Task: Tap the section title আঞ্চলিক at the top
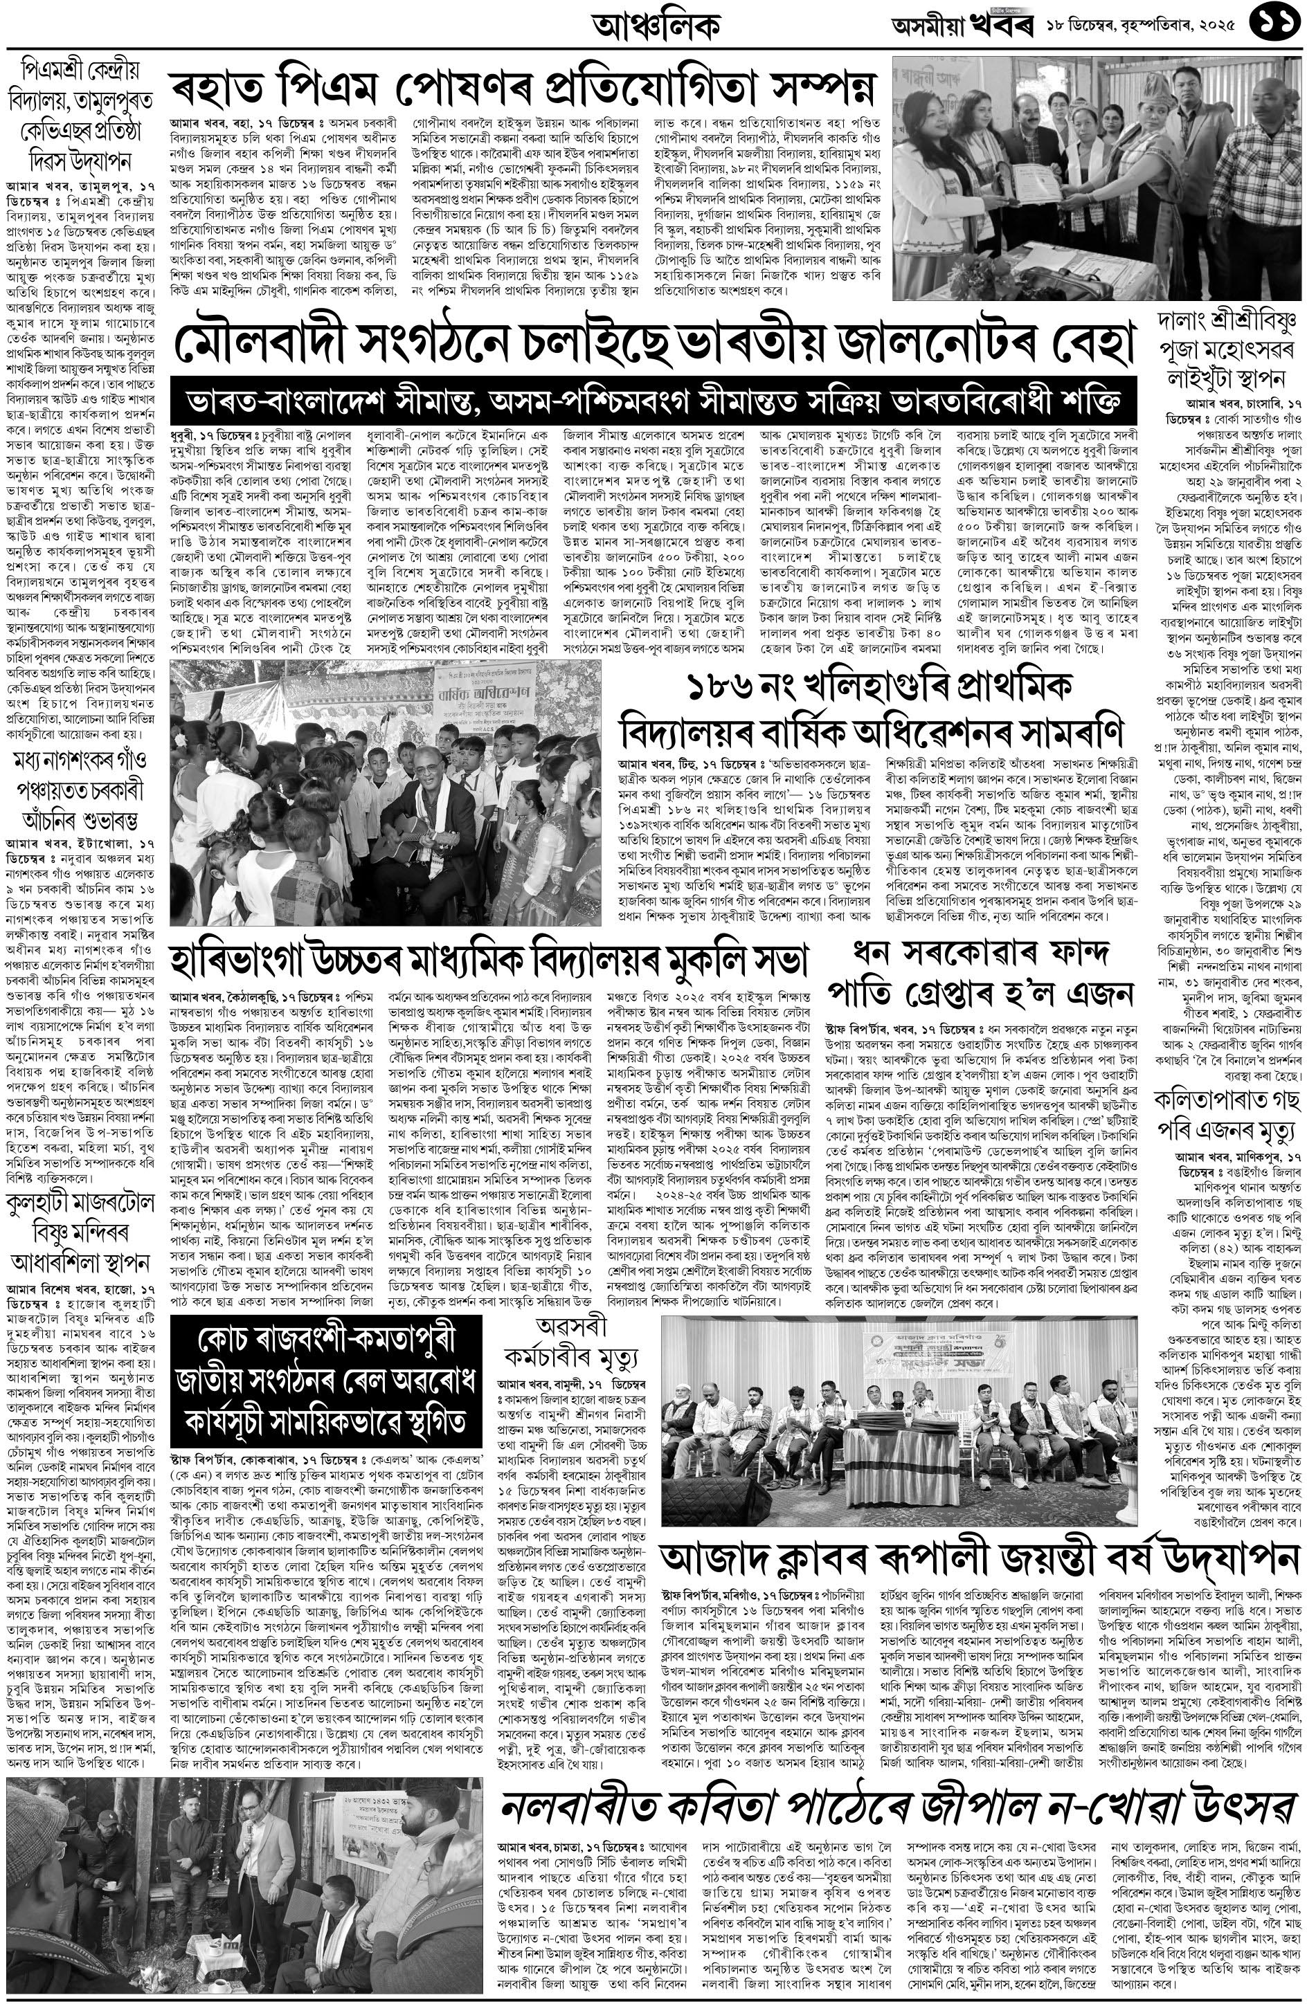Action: pos(668,27)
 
